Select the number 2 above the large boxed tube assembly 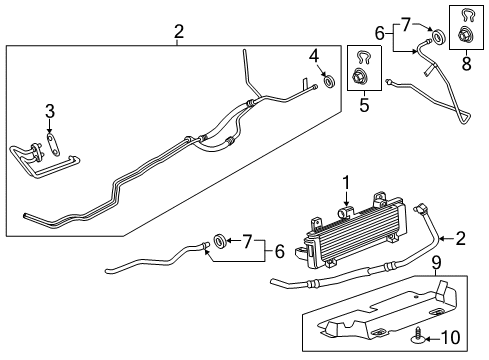tap(178, 33)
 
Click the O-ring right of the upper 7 tap(441, 38)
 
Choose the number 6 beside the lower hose tap(279, 253)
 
